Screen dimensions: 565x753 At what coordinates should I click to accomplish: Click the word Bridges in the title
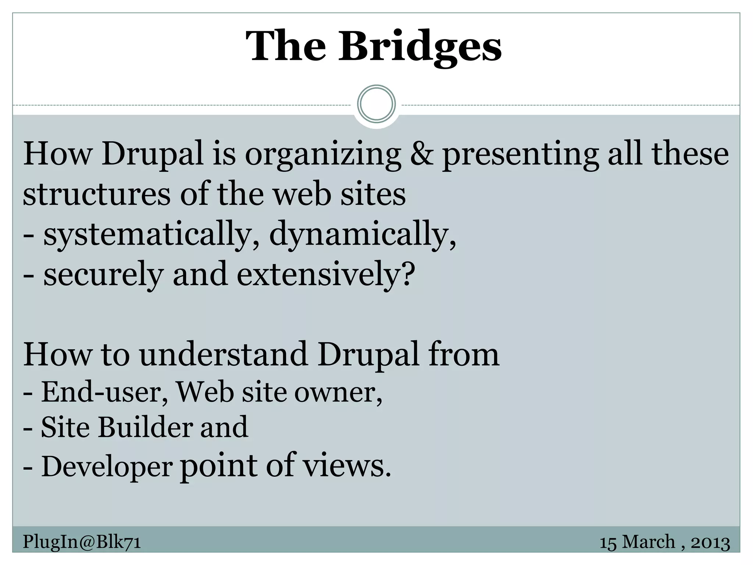pyautogui.click(x=420, y=47)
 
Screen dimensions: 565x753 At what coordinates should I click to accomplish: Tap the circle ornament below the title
pyautogui.click(x=376, y=104)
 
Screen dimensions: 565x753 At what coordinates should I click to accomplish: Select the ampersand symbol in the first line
pyautogui.click(x=421, y=153)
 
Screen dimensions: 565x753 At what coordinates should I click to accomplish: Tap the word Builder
pyautogui.click(x=146, y=427)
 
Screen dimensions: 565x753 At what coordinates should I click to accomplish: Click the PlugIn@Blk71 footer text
pyautogui.click(x=82, y=542)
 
